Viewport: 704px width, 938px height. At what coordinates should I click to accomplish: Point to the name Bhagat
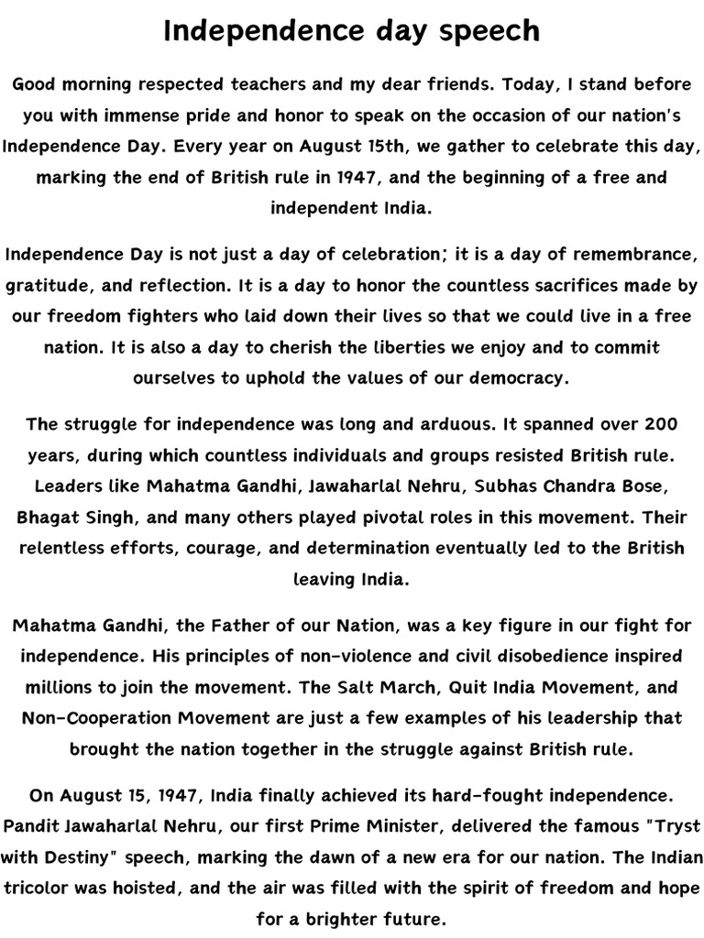(46, 516)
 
